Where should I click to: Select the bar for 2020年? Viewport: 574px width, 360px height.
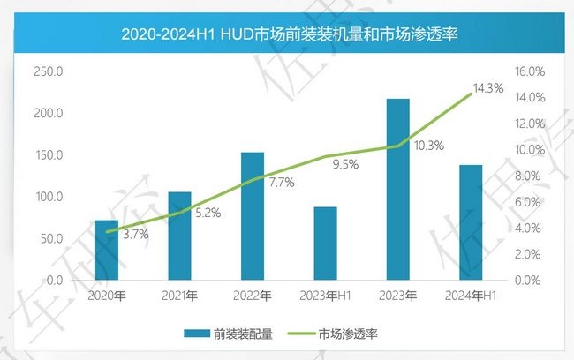(x=107, y=251)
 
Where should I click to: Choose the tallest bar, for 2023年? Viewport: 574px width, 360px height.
(x=398, y=190)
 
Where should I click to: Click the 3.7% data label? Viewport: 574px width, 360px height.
(x=136, y=235)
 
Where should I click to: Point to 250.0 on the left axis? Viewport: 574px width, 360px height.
(x=48, y=71)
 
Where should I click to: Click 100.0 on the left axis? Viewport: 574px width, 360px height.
(x=48, y=197)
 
